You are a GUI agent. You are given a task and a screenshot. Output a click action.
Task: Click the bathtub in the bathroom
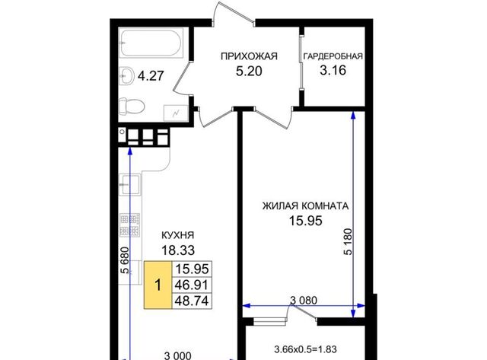coord(151,43)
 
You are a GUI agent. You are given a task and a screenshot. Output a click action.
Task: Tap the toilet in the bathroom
coord(132,107)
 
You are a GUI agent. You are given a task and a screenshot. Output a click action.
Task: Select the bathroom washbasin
coord(126,75)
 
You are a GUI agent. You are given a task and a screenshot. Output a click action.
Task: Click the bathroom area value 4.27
coord(151,76)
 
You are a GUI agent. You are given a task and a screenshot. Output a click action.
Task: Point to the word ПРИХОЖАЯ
coord(249,56)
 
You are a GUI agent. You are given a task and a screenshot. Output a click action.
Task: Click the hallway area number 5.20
coord(249,71)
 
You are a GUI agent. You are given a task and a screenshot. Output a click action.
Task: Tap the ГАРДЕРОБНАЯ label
coord(333,56)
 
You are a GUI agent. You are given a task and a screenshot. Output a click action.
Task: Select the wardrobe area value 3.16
coord(333,70)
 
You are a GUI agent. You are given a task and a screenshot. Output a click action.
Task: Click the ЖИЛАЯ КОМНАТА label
coord(306,206)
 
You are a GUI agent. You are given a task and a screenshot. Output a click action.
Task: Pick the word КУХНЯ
coord(177,235)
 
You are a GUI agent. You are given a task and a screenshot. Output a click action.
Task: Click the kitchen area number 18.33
coord(178,250)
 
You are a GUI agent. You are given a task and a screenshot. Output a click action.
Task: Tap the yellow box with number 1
coord(158,285)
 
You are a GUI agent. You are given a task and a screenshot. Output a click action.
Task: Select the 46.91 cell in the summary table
coord(192,285)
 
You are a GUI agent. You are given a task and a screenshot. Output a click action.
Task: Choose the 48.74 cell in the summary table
coord(192,301)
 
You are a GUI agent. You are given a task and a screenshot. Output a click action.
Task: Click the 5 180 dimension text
coord(349,242)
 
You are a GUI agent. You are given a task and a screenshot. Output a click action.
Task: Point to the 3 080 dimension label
coord(304,301)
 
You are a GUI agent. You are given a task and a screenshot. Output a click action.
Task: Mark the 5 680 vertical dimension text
coord(124,260)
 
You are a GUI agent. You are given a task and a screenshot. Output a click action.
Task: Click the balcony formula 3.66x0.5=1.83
coord(306,349)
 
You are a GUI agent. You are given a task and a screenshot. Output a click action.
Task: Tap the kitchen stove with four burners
coord(130,225)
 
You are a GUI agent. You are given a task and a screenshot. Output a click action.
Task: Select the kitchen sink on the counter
coord(129,184)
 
